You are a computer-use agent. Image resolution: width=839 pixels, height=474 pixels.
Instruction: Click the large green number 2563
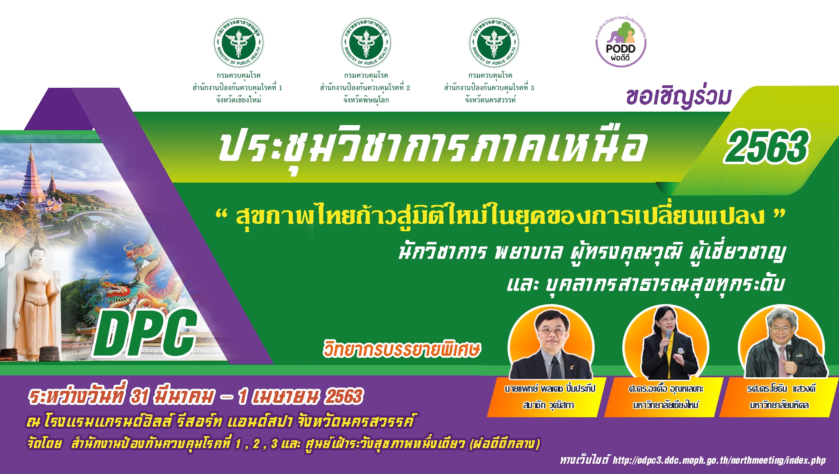click(x=766, y=146)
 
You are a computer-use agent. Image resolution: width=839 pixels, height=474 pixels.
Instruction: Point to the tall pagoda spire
click(x=31, y=173)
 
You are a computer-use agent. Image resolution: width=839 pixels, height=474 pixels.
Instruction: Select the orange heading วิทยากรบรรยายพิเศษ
click(x=402, y=349)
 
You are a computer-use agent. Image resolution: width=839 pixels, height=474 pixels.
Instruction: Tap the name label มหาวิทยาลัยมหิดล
click(x=779, y=405)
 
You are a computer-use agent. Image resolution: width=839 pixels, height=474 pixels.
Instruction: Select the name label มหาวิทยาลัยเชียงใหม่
click(x=665, y=405)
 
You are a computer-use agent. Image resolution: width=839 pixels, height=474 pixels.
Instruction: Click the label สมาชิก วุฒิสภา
click(x=549, y=405)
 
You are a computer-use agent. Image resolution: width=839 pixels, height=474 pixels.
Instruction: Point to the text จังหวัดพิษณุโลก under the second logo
click(x=366, y=100)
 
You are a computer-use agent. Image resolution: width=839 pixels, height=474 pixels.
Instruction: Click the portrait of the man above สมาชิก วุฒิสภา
click(x=551, y=344)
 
